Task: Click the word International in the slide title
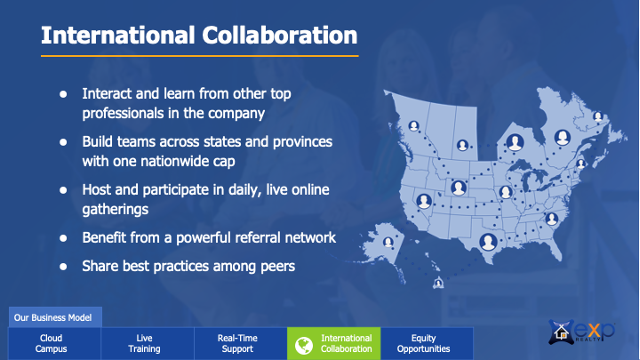point(118,35)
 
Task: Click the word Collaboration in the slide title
point(280,35)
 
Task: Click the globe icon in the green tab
point(304,345)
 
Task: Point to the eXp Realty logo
point(581,332)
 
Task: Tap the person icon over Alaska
point(388,243)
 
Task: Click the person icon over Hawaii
point(438,283)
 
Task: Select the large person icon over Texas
point(488,242)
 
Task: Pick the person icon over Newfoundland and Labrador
point(598,117)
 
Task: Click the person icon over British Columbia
point(414,126)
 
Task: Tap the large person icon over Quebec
point(563,138)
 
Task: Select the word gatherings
point(115,210)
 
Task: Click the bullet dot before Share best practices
point(63,267)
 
